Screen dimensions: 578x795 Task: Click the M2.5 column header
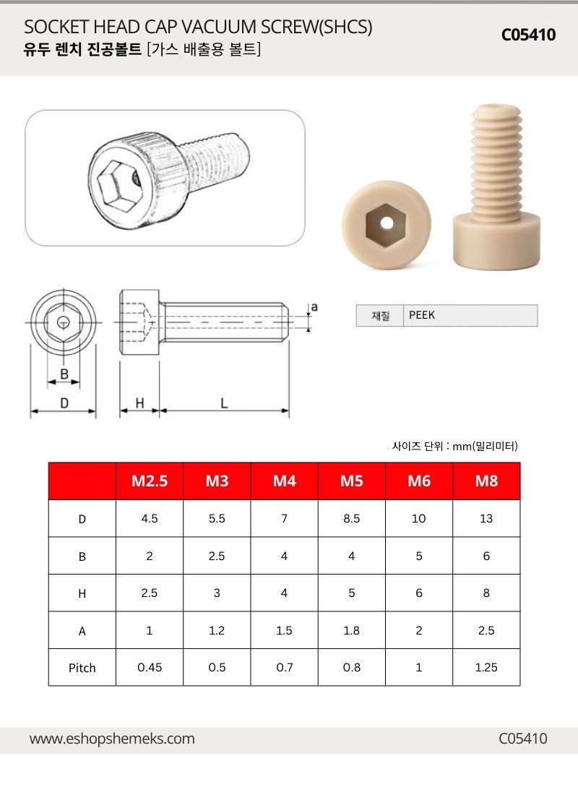[x=150, y=481]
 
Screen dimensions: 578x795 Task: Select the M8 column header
[x=486, y=481]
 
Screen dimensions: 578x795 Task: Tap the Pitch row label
[x=82, y=668]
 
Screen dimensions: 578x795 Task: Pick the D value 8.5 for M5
[x=351, y=518]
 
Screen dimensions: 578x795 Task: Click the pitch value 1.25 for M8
[x=486, y=667]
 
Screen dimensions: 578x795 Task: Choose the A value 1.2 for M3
[x=217, y=630]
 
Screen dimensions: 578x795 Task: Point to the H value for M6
[x=419, y=593]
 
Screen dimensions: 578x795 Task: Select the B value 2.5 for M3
[x=217, y=556]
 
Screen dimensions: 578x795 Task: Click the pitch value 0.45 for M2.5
[x=150, y=667]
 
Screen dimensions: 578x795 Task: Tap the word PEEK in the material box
[x=422, y=315]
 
